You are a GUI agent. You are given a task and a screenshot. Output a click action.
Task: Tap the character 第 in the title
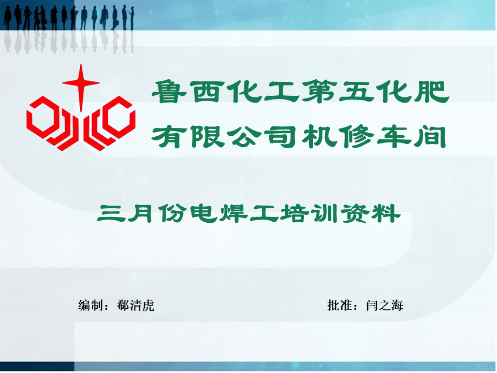coord(318,92)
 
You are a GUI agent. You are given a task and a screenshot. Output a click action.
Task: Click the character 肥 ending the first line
coord(432,92)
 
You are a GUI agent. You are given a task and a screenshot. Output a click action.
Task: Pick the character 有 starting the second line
coord(168,137)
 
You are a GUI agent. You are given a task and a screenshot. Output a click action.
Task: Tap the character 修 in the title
coord(356,137)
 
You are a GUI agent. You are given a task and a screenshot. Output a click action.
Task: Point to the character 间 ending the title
coord(430,137)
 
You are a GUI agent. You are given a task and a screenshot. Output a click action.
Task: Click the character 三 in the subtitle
coord(110,213)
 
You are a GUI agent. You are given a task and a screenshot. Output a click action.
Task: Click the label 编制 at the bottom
coord(90,305)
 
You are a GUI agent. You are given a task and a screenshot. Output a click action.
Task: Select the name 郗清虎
coord(136,305)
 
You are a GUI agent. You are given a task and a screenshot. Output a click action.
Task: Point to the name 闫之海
coord(385,305)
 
